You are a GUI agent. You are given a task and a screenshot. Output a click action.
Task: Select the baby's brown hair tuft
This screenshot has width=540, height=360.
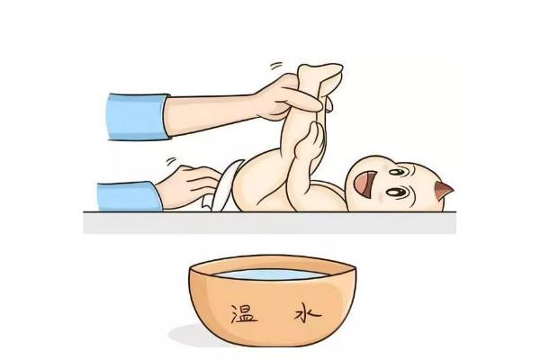pyautogui.click(x=443, y=192)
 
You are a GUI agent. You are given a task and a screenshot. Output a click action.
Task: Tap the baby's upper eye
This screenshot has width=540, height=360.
pyautogui.click(x=397, y=168)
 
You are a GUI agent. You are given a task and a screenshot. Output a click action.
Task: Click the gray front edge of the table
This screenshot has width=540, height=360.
pyautogui.click(x=270, y=223)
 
